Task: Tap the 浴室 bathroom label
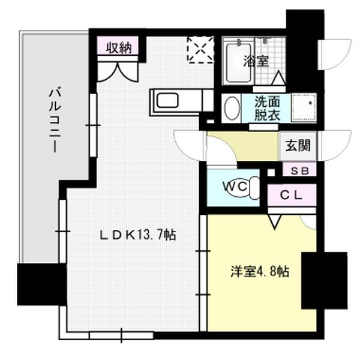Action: pos(256,61)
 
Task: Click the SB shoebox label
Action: pos(299,170)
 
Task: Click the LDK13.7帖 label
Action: pos(137,236)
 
